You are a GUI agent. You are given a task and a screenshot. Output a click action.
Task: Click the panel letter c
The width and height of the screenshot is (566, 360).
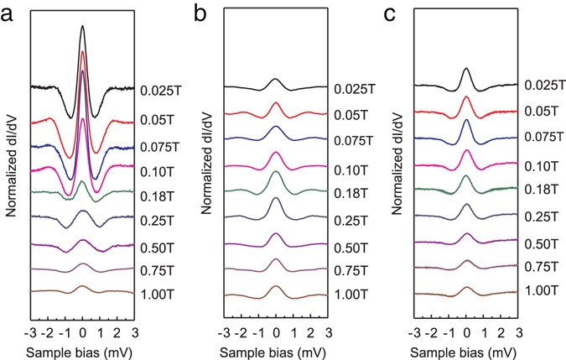(388, 13)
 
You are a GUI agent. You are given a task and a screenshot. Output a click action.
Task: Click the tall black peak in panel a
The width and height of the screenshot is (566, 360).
(82, 27)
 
